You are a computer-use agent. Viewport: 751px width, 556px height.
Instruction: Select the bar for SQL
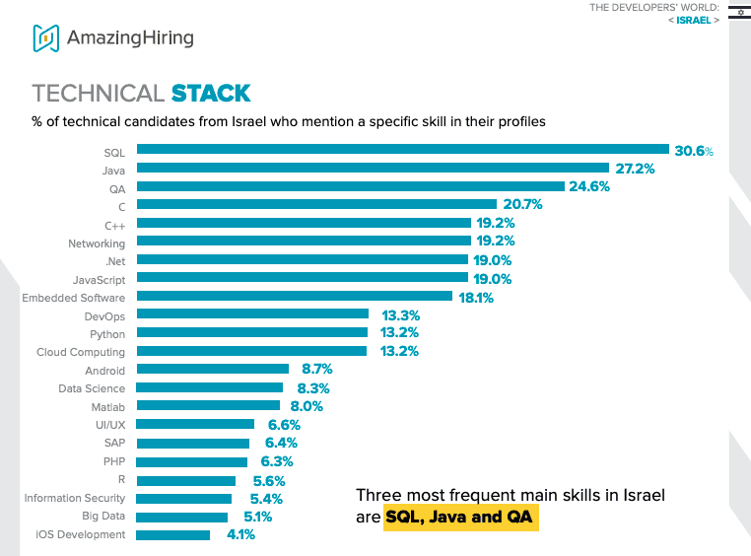tap(402, 151)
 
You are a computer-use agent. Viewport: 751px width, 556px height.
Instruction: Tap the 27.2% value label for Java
tap(635, 169)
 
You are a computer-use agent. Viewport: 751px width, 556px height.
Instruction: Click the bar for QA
tap(350, 186)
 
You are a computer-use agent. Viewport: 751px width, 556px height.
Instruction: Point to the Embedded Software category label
tap(73, 298)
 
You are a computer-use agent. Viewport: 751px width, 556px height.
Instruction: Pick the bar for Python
tap(251, 333)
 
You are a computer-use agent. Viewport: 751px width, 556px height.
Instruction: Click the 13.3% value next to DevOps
tap(400, 315)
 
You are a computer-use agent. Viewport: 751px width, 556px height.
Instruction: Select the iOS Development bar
tap(172, 534)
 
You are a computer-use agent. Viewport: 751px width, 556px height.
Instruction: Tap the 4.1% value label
tap(239, 534)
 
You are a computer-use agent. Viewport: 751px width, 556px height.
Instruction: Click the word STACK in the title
tap(211, 94)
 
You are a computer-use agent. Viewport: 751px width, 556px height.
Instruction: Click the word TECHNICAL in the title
tap(98, 94)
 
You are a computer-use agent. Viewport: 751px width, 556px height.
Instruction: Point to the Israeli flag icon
tap(737, 11)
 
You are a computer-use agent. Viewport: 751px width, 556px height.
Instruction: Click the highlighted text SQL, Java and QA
tap(461, 517)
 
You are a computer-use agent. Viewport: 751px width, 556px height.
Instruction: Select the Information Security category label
tap(74, 498)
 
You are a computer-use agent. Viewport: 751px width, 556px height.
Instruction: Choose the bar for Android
tap(212, 370)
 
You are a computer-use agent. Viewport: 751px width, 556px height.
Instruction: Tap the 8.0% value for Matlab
tap(304, 405)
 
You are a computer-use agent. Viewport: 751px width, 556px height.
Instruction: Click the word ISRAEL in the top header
tap(694, 20)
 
